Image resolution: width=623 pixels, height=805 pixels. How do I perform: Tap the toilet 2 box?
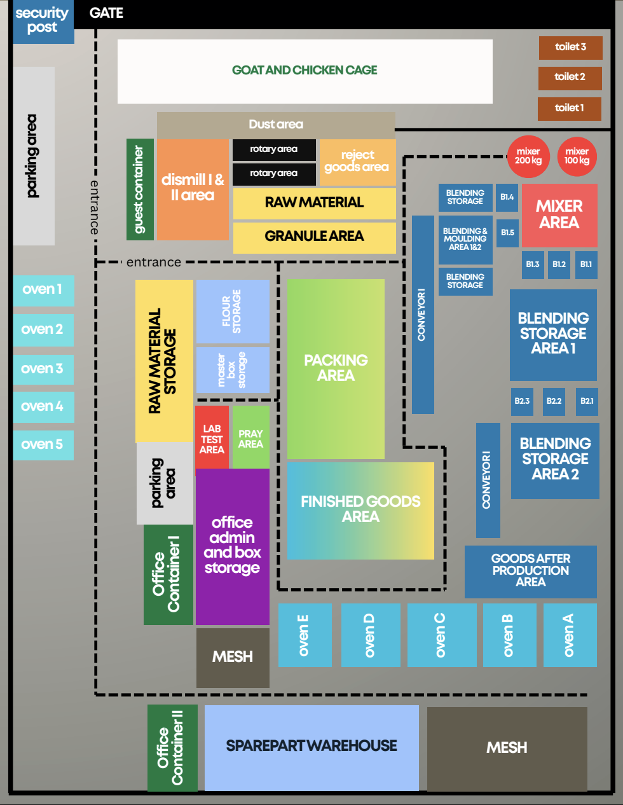[x=570, y=78]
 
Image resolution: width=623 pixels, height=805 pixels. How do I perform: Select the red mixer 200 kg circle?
[x=528, y=156]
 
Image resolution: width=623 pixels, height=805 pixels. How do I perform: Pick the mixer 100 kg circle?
[x=577, y=156]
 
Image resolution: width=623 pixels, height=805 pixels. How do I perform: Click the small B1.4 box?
[x=507, y=198]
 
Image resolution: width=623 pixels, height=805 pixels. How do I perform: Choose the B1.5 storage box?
[x=507, y=233]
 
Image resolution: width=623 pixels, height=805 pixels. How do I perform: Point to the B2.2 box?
[x=554, y=401]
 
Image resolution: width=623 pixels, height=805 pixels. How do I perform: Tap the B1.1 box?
[x=585, y=265]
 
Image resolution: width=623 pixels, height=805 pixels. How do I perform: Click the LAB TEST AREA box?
[x=212, y=439]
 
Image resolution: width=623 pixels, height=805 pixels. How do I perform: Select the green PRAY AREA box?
[x=250, y=439]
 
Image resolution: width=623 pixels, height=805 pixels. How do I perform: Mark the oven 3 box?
[x=43, y=369]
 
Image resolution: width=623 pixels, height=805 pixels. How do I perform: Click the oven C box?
[x=441, y=635]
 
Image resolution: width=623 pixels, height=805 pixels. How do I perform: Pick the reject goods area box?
[x=357, y=162]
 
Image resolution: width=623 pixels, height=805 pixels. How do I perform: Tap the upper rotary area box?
[x=273, y=149]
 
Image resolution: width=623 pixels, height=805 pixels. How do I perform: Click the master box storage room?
[x=232, y=370]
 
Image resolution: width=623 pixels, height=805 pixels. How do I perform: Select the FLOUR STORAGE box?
[x=232, y=311]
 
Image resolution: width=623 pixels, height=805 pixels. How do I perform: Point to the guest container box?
[x=140, y=189]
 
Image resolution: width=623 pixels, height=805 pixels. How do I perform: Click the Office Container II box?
[x=172, y=748]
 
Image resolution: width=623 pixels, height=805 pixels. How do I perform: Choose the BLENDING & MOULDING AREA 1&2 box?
[x=465, y=240]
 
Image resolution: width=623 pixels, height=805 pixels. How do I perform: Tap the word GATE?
[x=106, y=13]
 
